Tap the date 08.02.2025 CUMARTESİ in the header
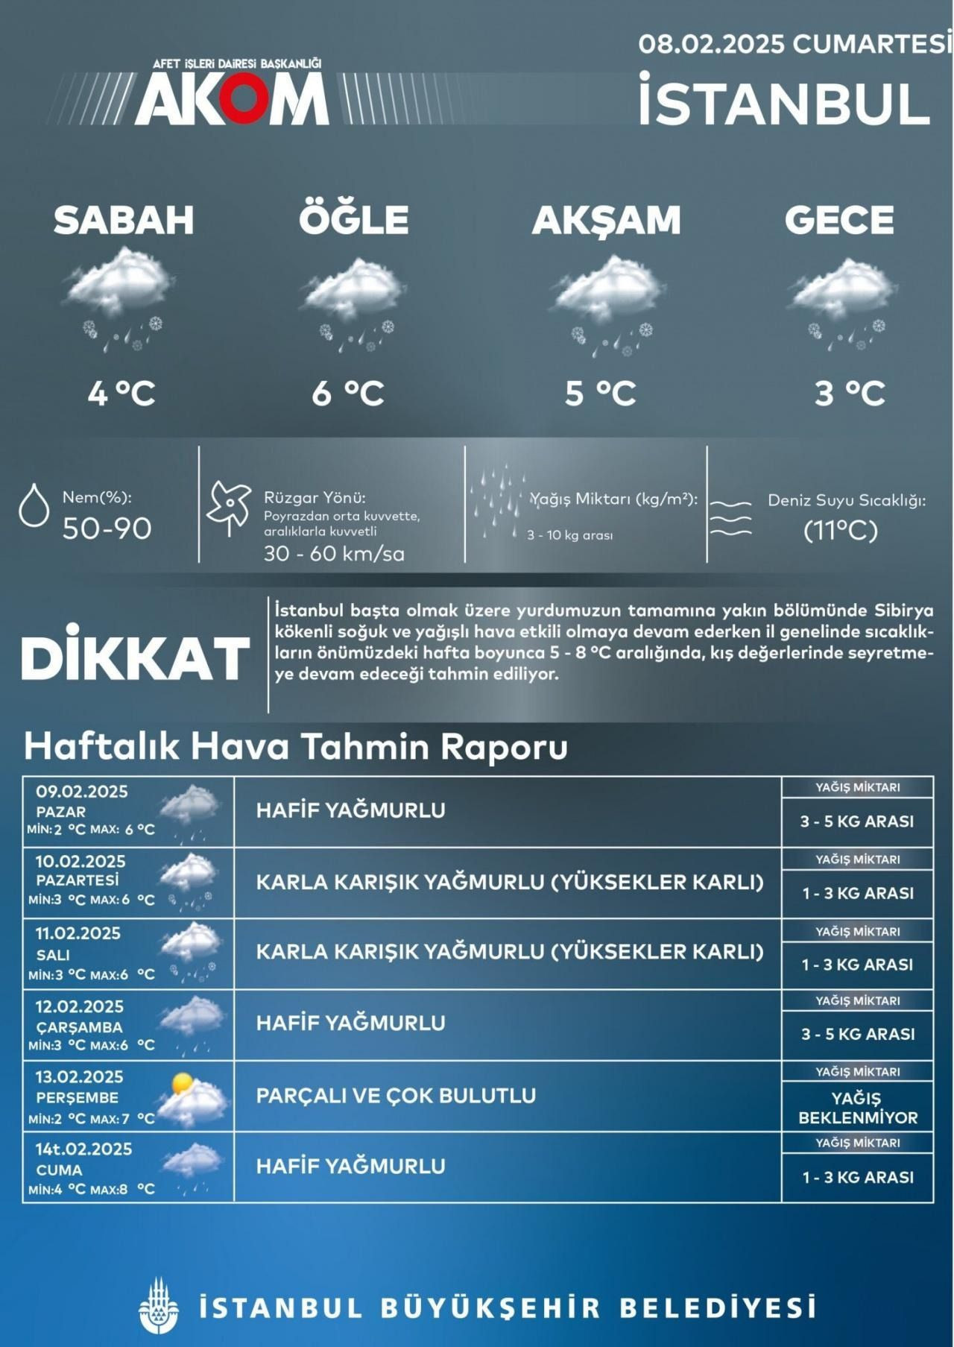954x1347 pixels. click(795, 44)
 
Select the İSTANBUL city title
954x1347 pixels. click(784, 102)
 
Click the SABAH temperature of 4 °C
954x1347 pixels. click(121, 393)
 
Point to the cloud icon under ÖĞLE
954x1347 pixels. click(353, 287)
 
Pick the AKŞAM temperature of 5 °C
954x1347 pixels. click(600, 393)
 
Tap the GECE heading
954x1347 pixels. click(838, 220)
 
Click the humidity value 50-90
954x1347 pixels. click(107, 529)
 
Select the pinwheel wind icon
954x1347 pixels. click(229, 507)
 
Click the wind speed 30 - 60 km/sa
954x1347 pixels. click(334, 553)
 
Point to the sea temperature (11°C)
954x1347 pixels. click(840, 530)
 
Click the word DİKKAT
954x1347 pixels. click(136, 658)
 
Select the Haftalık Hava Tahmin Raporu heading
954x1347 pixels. click(296, 746)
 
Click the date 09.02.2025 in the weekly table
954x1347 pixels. click(82, 792)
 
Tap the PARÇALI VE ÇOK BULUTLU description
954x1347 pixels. click(396, 1096)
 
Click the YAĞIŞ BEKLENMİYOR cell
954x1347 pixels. click(857, 1108)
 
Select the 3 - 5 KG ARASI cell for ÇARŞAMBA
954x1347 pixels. click(857, 1034)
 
